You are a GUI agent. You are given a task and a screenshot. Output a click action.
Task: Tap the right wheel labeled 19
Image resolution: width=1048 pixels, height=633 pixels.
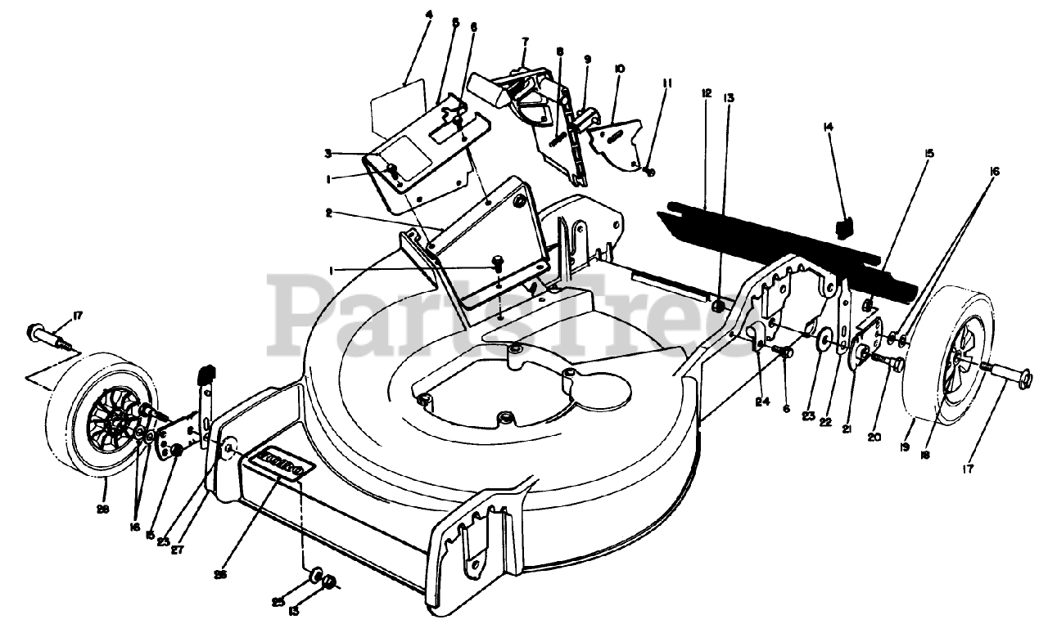point(950,360)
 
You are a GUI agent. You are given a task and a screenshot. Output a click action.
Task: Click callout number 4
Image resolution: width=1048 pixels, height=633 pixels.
point(428,15)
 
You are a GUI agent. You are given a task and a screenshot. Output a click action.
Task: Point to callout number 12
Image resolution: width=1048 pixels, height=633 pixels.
point(706,92)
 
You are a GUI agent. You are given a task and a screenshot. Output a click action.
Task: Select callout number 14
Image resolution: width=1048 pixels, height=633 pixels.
point(828,127)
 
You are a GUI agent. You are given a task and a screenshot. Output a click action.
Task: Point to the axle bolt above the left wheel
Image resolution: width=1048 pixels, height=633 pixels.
point(51,334)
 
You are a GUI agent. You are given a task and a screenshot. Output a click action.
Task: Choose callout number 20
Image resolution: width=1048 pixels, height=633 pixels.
point(874,437)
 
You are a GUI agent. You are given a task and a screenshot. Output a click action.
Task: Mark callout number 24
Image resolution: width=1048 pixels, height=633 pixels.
point(763,401)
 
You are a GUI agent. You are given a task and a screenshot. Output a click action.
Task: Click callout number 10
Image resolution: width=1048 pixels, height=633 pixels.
point(619,70)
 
